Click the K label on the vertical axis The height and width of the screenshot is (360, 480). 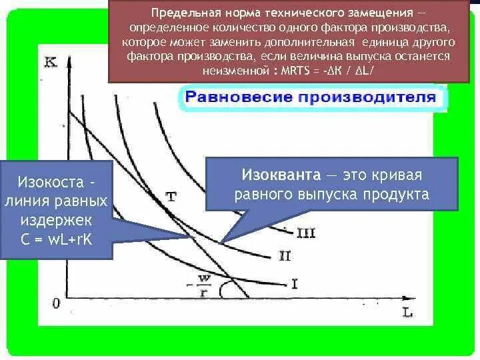click(50, 63)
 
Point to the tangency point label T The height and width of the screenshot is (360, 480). click(171, 197)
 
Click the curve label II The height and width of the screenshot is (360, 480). click(285, 255)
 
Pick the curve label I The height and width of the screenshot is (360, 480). click(294, 283)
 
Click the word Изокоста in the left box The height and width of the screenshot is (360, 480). click(51, 182)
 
